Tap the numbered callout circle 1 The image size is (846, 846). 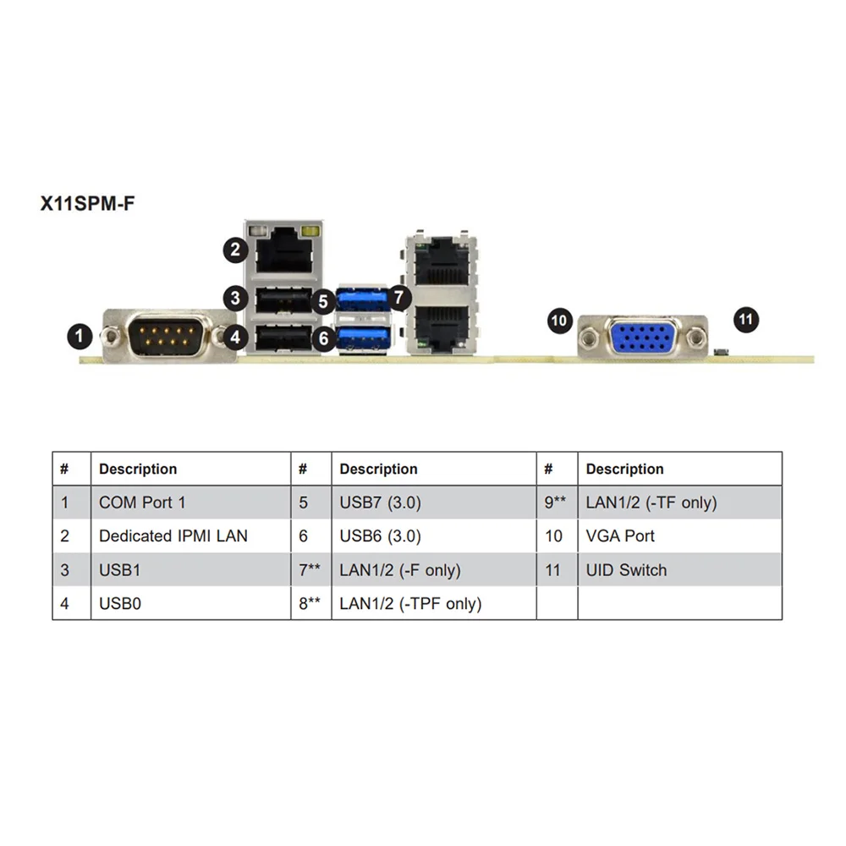pyautogui.click(x=80, y=337)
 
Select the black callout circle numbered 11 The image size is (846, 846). pyautogui.click(x=745, y=320)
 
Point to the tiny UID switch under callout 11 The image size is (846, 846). pyautogui.click(x=720, y=351)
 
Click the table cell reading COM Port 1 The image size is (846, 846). pyautogui.click(x=142, y=503)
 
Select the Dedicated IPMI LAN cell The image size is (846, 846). pyautogui.click(x=173, y=536)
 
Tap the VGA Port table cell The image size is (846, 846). pyautogui.click(x=620, y=536)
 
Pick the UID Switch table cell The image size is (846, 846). pyautogui.click(x=626, y=570)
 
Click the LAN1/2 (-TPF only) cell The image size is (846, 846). pyautogui.click(x=410, y=603)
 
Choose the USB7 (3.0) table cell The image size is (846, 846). pyautogui.click(x=380, y=503)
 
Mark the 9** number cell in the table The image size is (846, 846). pyautogui.click(x=554, y=503)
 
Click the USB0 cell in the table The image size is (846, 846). pyautogui.click(x=119, y=603)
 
